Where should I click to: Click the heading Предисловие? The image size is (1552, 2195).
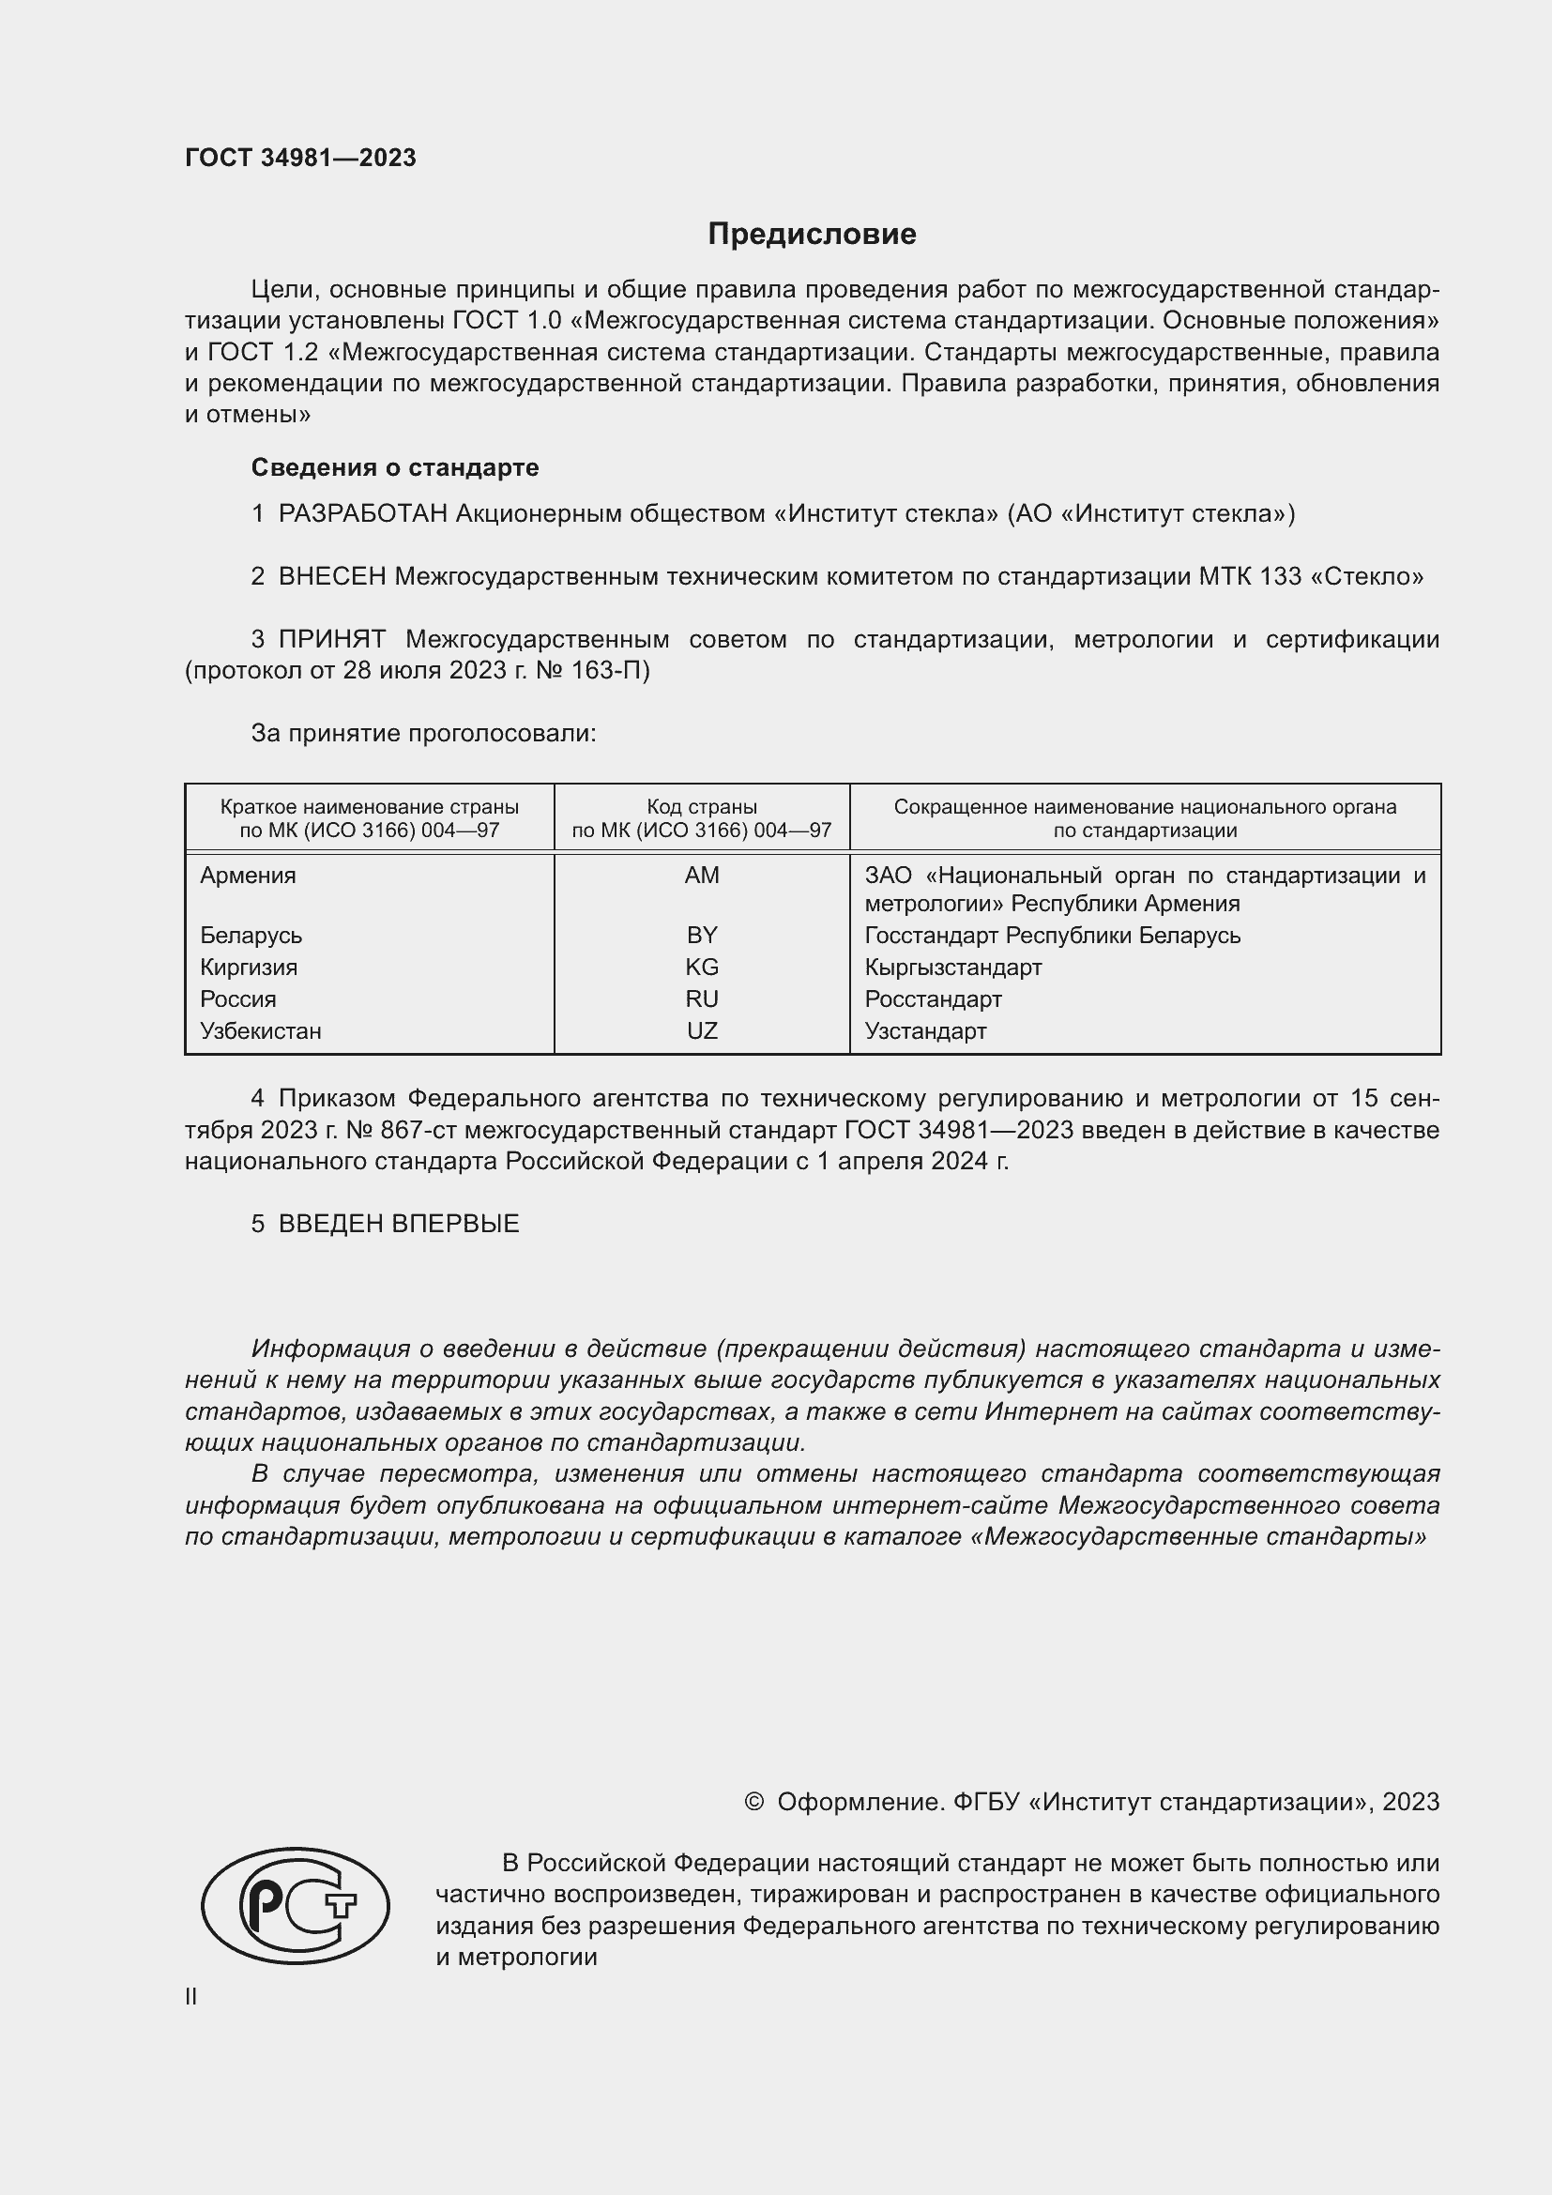[812, 235]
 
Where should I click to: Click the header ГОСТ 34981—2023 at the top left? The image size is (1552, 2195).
[300, 158]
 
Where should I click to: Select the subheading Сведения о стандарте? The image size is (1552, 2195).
[395, 467]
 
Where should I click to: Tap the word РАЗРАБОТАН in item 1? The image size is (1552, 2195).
[362, 514]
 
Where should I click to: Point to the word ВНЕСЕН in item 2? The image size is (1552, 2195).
[331, 576]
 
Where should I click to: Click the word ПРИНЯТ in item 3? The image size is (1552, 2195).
[331, 640]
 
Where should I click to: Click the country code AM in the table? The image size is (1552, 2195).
[702, 876]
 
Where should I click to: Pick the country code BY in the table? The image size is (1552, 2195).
[702, 935]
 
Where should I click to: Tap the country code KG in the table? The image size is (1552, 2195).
[702, 968]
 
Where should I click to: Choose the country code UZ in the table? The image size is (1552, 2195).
[702, 1031]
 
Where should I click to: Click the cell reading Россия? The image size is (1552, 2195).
[238, 999]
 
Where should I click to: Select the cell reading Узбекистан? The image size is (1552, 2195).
[260, 1031]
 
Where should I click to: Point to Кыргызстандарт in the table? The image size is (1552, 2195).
[952, 968]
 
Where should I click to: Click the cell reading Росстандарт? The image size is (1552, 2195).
[933, 999]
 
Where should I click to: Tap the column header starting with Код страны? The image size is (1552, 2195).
[702, 818]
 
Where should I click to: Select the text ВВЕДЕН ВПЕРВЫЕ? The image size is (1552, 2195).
[399, 1224]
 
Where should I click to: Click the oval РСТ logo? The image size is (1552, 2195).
[296, 1905]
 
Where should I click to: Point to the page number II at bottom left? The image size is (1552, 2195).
[191, 1996]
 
